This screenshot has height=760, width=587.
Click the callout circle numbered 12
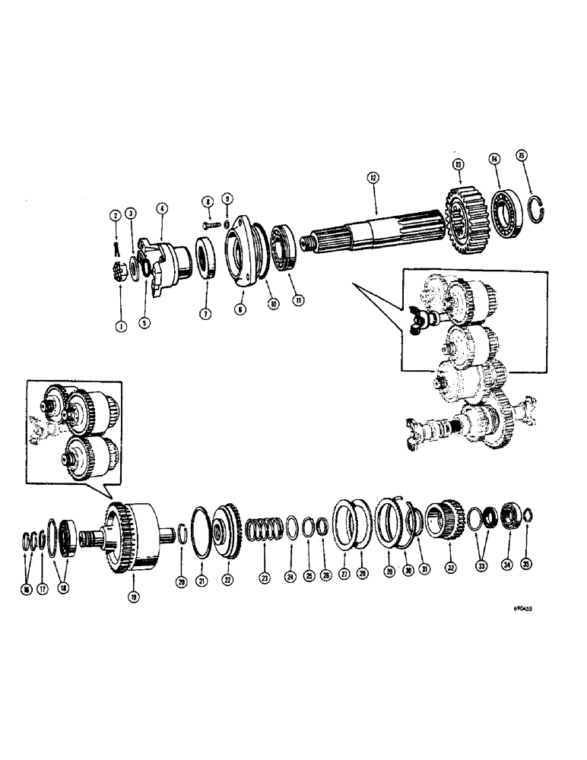pyautogui.click(x=373, y=176)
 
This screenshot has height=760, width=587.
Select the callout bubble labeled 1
pyautogui.click(x=119, y=325)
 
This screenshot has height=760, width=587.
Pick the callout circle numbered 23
pyautogui.click(x=264, y=577)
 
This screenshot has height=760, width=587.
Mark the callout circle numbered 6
pyautogui.click(x=240, y=310)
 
